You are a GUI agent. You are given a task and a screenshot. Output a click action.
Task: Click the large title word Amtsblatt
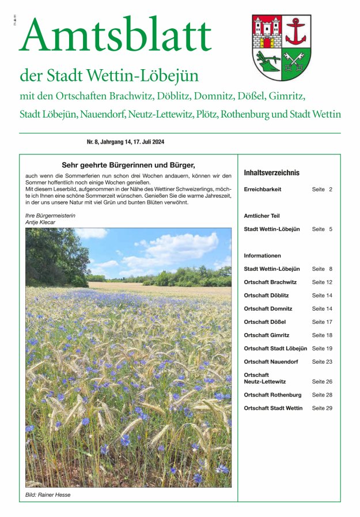point(115,36)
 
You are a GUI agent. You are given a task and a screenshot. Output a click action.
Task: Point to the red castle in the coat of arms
point(267,33)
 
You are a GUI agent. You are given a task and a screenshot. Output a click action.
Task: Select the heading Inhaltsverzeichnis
point(272,172)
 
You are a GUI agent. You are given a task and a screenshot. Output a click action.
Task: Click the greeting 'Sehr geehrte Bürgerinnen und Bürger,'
point(128,164)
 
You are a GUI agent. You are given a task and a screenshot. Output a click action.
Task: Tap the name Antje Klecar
point(40,222)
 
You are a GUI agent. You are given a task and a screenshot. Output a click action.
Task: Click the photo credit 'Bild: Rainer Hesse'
point(48,495)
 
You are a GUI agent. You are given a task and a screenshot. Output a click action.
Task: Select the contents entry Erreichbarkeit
point(263,189)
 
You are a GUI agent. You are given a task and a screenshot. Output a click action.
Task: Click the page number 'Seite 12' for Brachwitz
point(322,282)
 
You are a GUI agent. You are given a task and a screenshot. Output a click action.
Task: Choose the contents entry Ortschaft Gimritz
point(267,335)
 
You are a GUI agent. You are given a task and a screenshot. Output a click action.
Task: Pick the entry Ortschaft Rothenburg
point(272,395)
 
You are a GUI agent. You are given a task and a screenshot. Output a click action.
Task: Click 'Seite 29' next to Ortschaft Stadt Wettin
point(322,408)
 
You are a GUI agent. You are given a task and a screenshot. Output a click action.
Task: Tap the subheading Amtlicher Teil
point(262,216)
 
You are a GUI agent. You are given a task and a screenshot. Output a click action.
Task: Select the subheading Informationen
point(263,255)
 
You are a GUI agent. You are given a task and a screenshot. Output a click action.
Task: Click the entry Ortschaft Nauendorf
point(271,361)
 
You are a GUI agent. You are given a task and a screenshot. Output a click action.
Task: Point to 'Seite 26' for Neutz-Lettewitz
point(322,382)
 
